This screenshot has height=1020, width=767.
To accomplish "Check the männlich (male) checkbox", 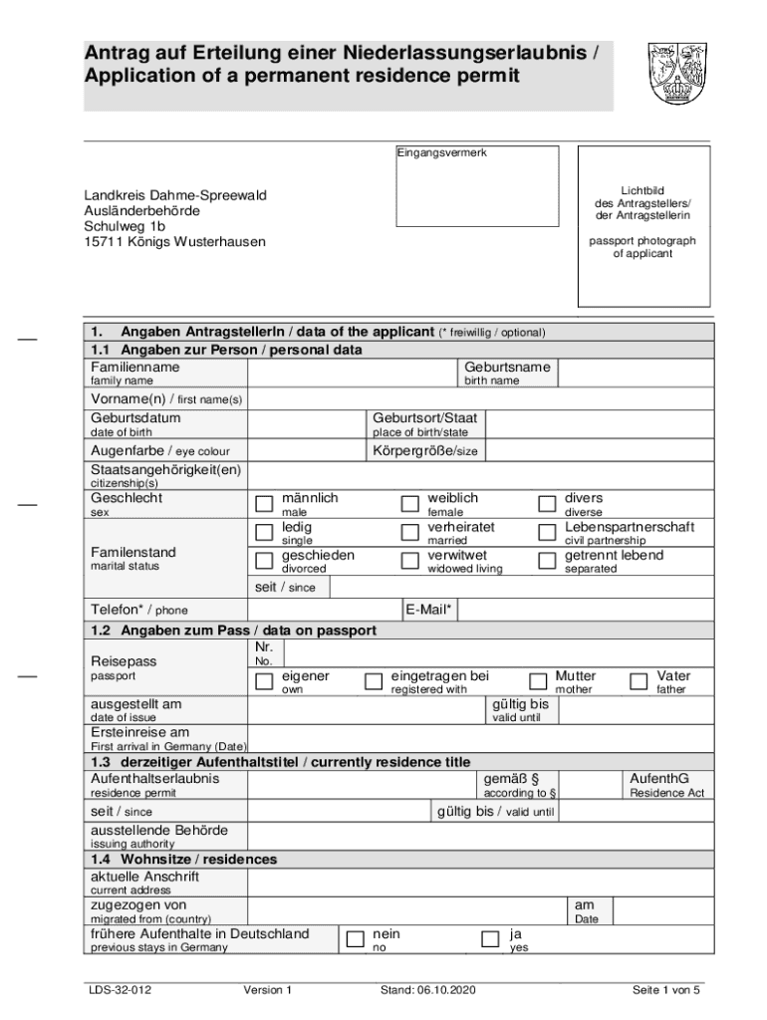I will click(264, 503).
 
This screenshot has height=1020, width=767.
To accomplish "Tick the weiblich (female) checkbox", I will click(409, 503).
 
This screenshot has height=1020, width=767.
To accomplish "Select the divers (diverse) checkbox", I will click(547, 503).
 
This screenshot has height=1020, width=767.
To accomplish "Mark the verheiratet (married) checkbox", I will click(409, 532).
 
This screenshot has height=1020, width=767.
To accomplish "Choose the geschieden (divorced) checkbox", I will click(264, 561).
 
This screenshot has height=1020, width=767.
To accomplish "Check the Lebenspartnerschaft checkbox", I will click(547, 532).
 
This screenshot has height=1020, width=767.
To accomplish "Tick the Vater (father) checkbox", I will click(639, 681).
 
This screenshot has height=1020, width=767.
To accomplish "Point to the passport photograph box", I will click(644, 226).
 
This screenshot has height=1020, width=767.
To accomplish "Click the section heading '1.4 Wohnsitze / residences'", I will click(184, 859).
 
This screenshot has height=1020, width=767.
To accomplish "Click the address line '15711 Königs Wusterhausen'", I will click(174, 241).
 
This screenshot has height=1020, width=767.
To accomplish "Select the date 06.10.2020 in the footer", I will click(444, 990).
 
